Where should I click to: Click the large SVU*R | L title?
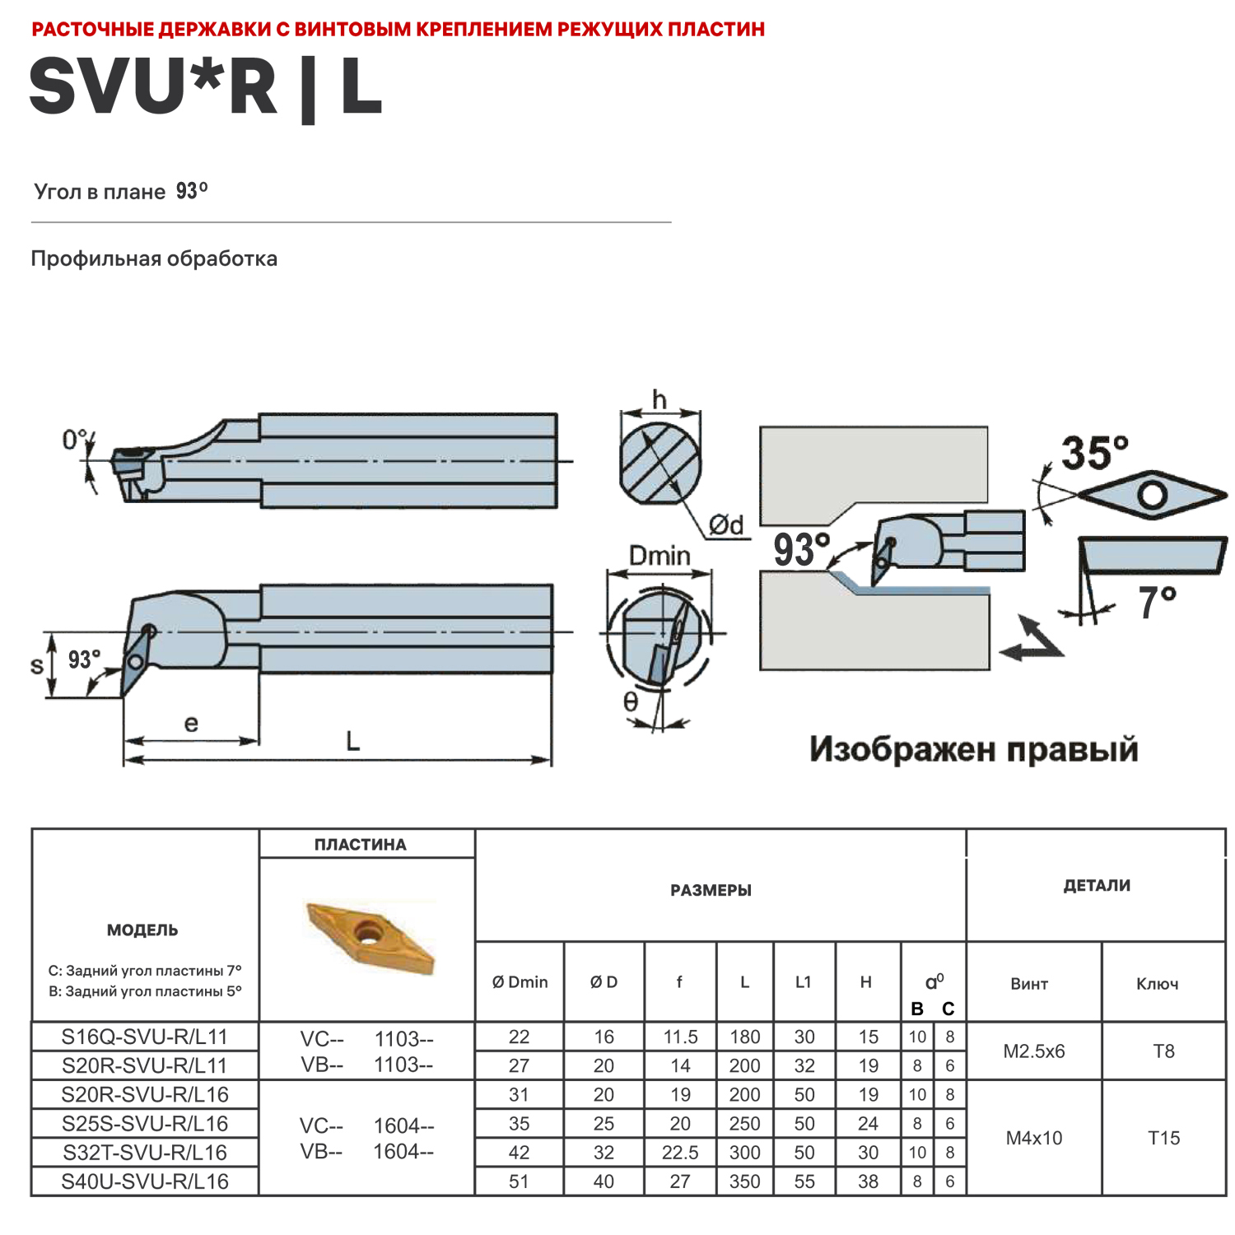click(x=206, y=86)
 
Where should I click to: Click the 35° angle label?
click(x=1094, y=454)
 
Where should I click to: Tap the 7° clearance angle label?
click(x=1157, y=603)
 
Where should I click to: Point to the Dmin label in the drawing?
click(x=659, y=556)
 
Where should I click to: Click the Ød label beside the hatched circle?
click(x=726, y=524)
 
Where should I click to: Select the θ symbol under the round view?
click(x=630, y=701)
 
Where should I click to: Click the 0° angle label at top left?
click(x=75, y=440)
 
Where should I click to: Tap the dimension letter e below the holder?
click(x=191, y=724)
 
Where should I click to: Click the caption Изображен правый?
click(x=973, y=750)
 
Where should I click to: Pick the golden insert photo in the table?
click(x=369, y=937)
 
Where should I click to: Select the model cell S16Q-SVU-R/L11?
click(x=144, y=1037)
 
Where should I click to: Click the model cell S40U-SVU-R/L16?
click(x=144, y=1181)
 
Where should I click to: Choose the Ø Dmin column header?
click(x=520, y=982)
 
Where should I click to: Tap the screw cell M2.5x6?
click(x=1033, y=1051)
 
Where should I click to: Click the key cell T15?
click(x=1163, y=1138)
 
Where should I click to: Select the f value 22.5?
click(x=680, y=1153)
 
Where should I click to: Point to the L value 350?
click(x=744, y=1181)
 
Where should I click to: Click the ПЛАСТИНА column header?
click(x=360, y=845)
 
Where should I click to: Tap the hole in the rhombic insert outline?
click(x=1152, y=495)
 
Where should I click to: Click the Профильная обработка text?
click(x=154, y=259)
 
